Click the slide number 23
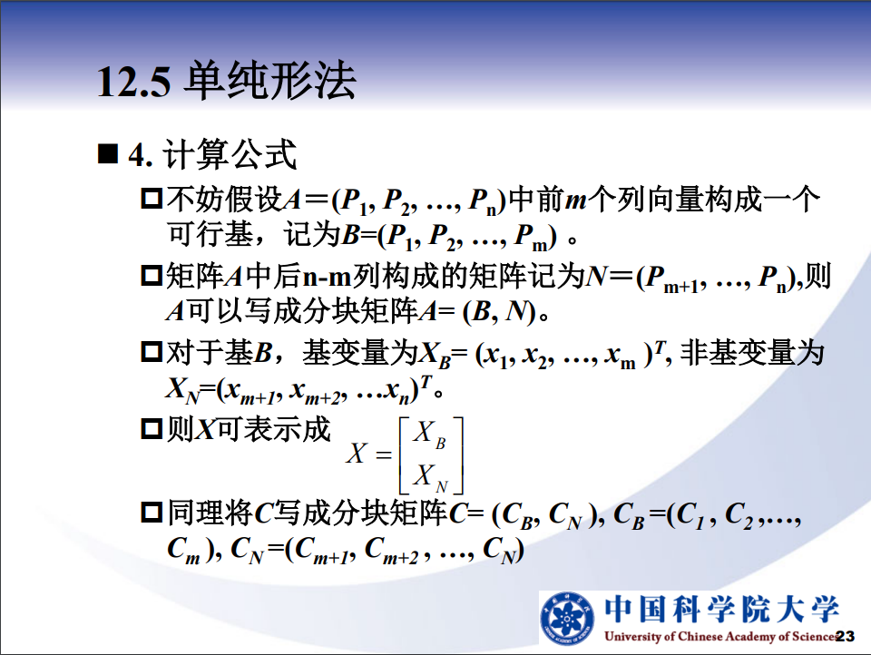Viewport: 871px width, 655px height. coord(845,636)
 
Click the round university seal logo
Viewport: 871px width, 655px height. coord(568,619)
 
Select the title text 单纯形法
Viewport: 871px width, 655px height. coord(270,81)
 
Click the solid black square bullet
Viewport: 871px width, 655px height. coord(108,154)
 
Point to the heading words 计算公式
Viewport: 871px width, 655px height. coord(230,154)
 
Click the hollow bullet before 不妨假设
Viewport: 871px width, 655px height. coord(152,199)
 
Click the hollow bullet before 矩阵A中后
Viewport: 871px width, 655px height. coord(152,276)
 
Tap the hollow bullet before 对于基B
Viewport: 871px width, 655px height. coord(152,352)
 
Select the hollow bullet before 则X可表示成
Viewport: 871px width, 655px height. coord(152,428)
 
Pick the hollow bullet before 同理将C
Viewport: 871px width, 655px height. coord(152,512)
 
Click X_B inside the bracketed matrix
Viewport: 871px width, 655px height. coord(429,434)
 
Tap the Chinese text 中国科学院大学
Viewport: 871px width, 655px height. coord(721,610)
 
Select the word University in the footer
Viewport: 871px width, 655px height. coord(632,637)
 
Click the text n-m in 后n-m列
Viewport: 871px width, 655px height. coord(328,276)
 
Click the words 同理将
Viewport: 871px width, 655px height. coord(210,513)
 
